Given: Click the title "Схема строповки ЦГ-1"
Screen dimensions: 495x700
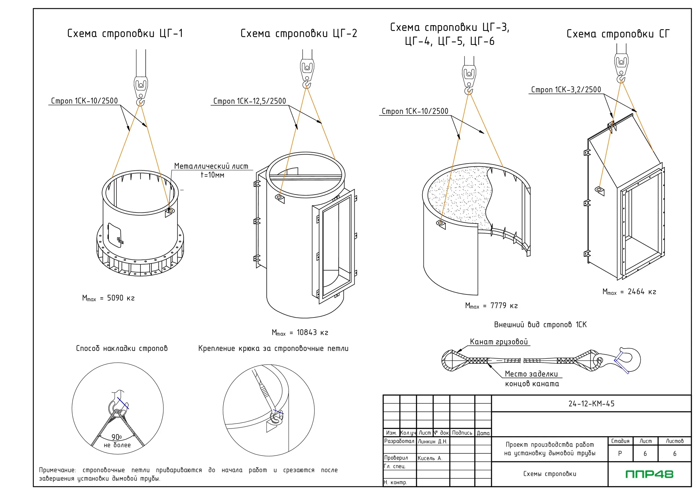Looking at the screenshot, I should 125,33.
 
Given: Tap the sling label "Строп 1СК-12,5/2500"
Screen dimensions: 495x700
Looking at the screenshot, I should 249,101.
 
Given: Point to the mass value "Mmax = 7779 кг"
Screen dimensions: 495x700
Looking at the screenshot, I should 491,305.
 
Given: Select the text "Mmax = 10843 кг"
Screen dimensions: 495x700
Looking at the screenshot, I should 300,333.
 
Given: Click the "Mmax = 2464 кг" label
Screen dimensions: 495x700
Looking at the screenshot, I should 629,292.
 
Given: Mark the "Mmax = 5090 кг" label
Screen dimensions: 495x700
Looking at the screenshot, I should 108,298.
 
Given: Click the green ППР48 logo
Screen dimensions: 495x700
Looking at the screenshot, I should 649,474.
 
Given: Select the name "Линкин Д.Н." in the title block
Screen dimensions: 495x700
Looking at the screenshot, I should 432,441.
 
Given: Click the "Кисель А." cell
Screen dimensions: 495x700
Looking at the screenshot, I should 430,458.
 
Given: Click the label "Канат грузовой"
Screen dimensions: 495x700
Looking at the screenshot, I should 499,342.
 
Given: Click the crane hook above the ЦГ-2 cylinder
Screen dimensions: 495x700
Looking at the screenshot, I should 307,84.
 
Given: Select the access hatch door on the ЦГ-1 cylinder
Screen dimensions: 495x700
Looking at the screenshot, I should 115,236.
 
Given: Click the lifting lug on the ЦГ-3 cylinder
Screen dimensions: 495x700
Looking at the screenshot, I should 441,223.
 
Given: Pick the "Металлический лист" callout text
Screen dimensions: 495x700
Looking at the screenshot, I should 211,166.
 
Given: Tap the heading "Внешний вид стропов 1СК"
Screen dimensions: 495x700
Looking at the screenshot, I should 540,325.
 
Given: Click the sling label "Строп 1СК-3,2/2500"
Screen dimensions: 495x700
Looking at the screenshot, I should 566,90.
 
